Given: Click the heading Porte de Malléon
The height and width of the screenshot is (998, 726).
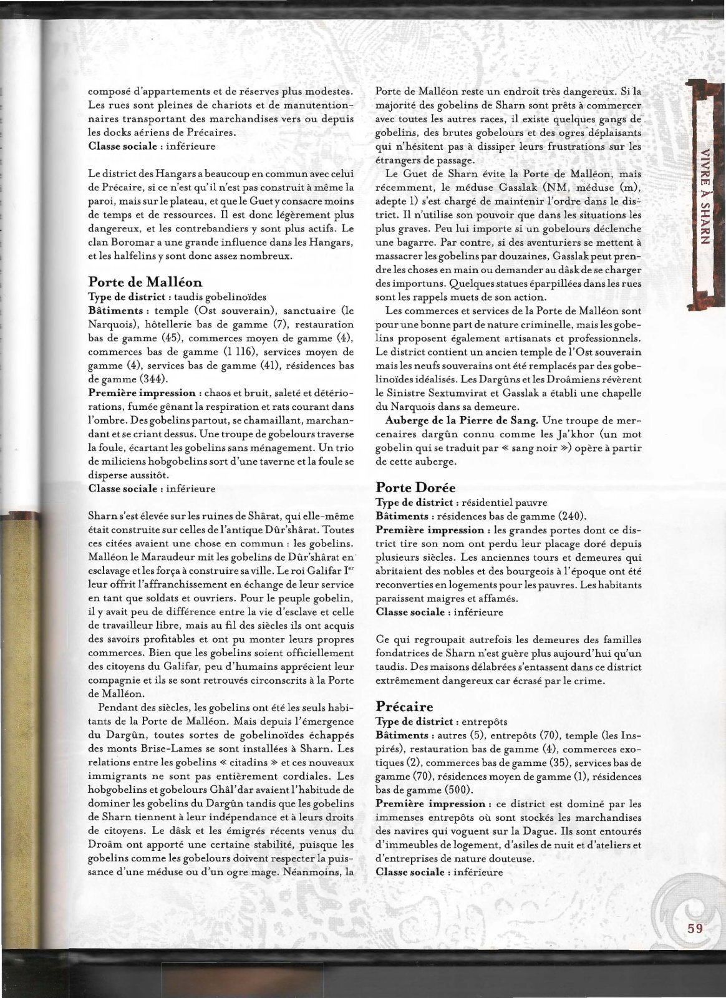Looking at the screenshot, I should tap(145, 281).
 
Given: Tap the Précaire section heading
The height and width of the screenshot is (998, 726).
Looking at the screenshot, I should tap(404, 706).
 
